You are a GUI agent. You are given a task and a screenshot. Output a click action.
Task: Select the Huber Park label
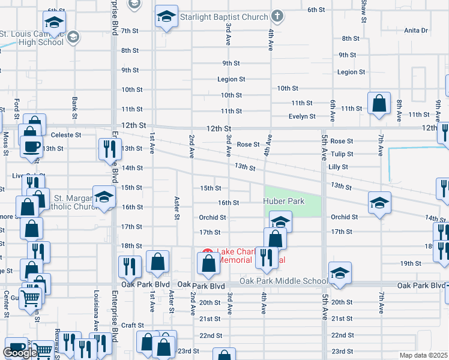coord(285,202)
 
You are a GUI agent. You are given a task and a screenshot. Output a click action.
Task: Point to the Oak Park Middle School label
coord(283,281)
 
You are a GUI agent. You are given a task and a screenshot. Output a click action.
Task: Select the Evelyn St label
coord(302,116)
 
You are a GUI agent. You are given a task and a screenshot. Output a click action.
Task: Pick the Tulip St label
coord(342,154)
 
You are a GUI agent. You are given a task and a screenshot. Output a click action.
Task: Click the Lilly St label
coord(339,167)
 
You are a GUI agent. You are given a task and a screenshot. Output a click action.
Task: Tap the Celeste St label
coord(65,135)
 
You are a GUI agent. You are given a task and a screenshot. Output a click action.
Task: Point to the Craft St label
coord(132,325)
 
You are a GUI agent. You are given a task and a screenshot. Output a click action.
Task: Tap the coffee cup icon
coord(31,145)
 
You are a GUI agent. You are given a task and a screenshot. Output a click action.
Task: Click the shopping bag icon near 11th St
coord(379,103)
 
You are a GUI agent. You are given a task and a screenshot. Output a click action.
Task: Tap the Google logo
coord(20,353)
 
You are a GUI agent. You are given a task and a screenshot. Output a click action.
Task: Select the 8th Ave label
coord(399,109)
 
